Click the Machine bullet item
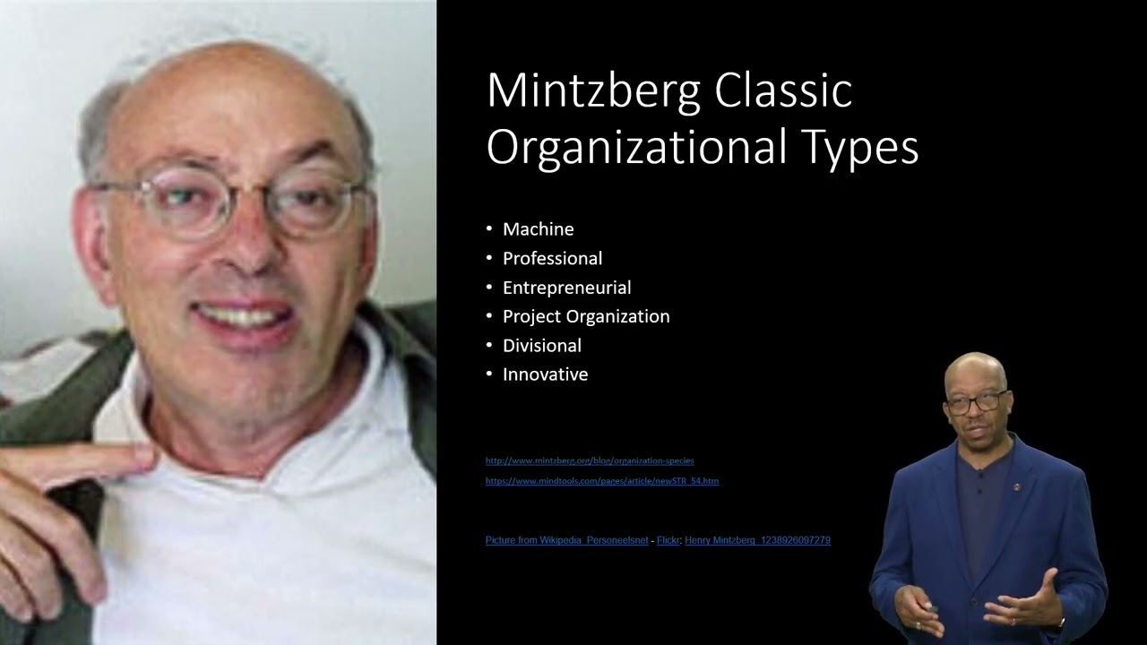538,229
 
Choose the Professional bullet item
552,258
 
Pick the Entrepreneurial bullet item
566,288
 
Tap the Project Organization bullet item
586,316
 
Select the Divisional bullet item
541,345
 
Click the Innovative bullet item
545,374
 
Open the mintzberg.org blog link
590,460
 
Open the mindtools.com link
602,481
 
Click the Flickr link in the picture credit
668,540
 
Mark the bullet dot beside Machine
489,229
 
